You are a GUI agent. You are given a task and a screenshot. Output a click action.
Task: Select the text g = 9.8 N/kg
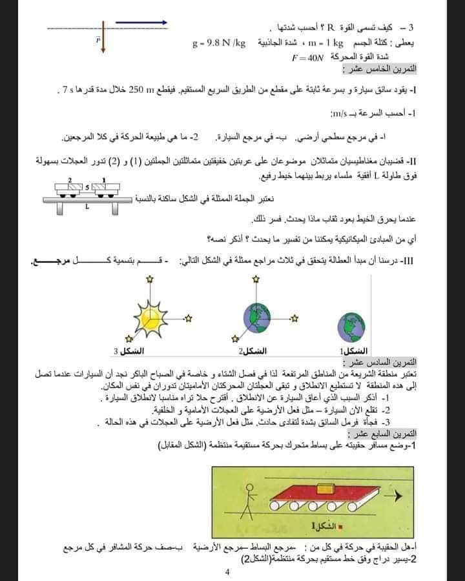point(219,44)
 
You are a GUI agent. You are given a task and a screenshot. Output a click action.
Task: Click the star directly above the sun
point(150,279)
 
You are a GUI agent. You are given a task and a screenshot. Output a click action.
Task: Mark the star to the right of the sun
point(189,318)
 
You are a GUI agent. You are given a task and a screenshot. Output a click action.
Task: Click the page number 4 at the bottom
point(227,571)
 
